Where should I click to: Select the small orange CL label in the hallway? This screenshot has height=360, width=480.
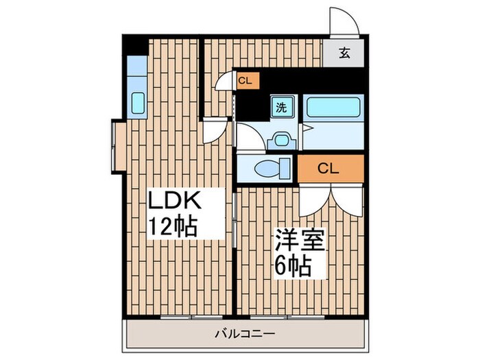tap(245, 81)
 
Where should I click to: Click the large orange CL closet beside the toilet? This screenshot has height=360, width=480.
tap(330, 169)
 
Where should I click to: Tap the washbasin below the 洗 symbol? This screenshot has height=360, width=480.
tap(280, 139)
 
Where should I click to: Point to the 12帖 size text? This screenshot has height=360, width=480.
tap(173, 226)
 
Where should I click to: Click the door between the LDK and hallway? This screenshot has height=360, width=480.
tap(216, 130)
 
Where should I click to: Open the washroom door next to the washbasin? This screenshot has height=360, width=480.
tap(248, 137)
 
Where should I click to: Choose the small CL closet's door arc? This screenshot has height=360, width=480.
tap(224, 82)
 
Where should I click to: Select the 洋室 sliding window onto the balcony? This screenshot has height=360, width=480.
tap(278, 317)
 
